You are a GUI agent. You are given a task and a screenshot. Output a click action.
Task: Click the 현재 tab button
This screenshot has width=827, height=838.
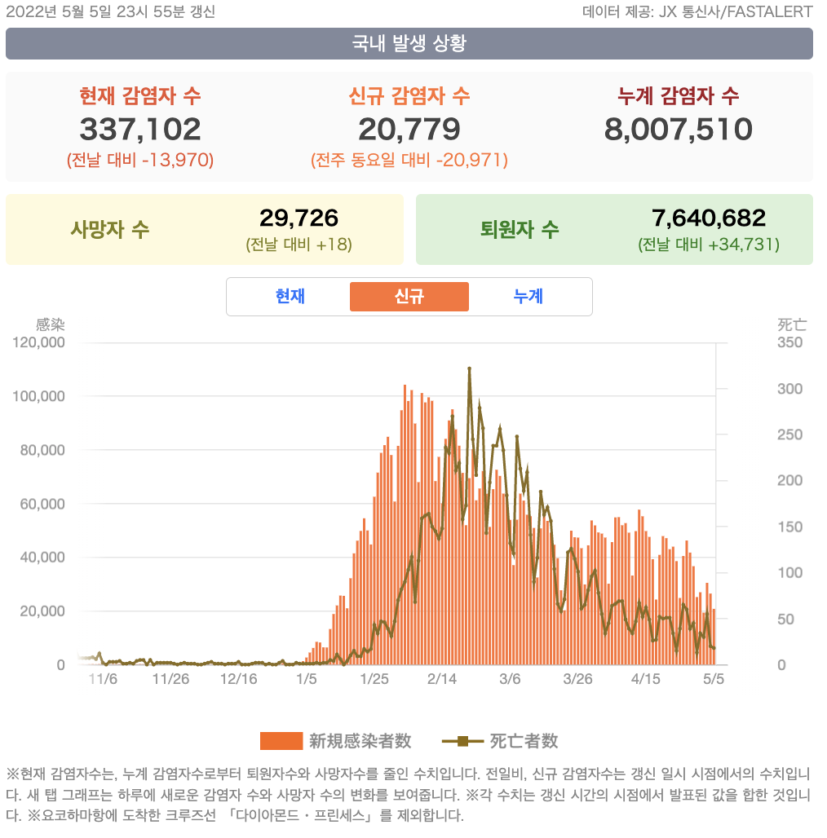[290, 297]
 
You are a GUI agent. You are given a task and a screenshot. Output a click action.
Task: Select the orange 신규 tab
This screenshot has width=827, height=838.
[409, 297]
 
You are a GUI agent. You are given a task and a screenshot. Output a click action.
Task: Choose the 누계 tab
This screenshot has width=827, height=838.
[528, 297]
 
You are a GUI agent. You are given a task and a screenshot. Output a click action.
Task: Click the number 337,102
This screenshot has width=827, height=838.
[140, 129]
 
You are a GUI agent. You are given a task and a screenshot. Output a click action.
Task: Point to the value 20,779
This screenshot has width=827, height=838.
[409, 129]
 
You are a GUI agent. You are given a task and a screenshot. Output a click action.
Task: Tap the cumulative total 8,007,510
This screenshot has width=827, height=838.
[678, 129]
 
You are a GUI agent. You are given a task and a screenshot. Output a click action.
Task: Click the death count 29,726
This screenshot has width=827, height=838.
[299, 218]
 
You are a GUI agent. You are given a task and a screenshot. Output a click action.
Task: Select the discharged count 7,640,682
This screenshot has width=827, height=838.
[709, 218]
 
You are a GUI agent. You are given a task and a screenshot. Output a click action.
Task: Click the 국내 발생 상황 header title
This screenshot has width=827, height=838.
[409, 43]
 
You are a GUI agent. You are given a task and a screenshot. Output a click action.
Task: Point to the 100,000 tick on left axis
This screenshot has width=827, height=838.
[39, 396]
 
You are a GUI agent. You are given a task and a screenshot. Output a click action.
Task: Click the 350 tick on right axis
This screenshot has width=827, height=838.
[789, 342]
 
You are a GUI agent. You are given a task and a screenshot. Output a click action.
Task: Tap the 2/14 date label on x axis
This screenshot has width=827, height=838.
[441, 678]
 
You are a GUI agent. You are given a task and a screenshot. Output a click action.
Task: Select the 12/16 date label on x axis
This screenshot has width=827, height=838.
[238, 678]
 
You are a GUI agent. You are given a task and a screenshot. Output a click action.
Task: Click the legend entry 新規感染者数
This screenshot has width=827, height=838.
[336, 741]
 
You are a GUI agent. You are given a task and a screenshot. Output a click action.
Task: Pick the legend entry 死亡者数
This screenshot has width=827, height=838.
[500, 741]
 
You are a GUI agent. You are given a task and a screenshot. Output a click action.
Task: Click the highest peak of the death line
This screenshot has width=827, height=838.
[470, 368]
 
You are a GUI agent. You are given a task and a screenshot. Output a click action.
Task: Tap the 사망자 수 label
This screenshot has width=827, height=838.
[110, 229]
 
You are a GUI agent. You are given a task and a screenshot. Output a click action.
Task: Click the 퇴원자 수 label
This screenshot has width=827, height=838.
[520, 229]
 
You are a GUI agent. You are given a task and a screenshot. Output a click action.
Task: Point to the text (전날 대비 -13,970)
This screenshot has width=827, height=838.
[140, 160]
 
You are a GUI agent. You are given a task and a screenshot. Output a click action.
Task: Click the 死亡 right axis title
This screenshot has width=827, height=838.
[792, 324]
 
